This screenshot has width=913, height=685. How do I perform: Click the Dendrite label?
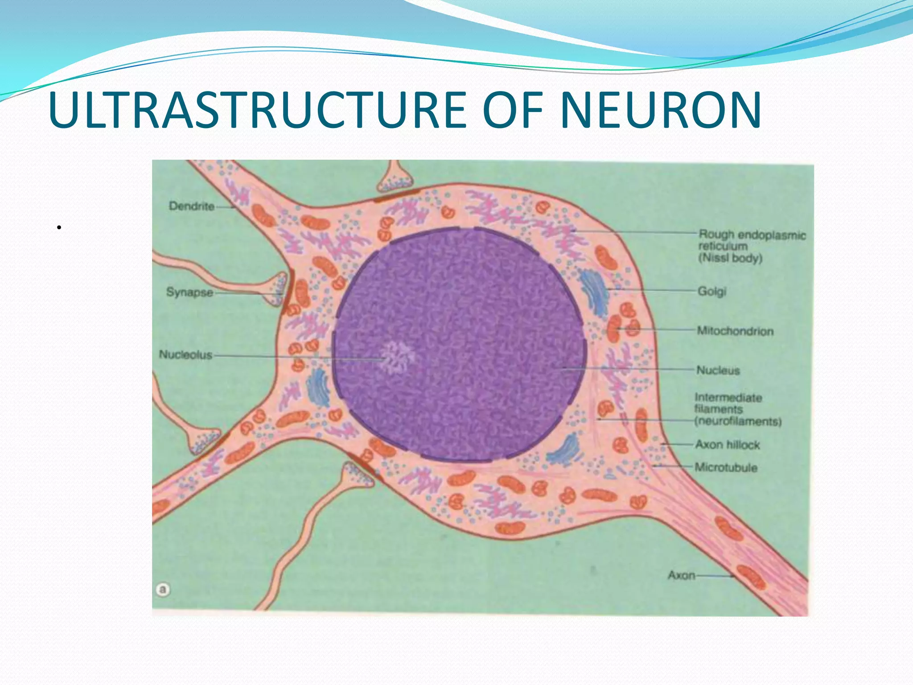click(x=191, y=206)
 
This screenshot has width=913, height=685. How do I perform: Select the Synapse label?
click(x=189, y=292)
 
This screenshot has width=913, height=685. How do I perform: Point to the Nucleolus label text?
click(x=185, y=355)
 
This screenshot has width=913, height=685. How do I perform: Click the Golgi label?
click(x=712, y=291)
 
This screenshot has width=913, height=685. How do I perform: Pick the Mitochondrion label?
click(x=735, y=331)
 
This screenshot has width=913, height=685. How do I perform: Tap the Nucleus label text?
click(x=718, y=370)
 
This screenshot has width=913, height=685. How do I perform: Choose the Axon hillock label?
click(x=728, y=445)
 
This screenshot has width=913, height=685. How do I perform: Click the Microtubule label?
click(x=726, y=467)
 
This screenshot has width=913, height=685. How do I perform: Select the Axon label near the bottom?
click(x=681, y=575)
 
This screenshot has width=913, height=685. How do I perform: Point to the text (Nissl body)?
click(x=730, y=258)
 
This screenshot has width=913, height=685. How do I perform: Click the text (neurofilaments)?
click(x=738, y=421)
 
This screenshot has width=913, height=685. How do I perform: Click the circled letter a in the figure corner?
click(x=163, y=590)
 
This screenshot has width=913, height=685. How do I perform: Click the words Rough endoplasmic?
click(x=752, y=235)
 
